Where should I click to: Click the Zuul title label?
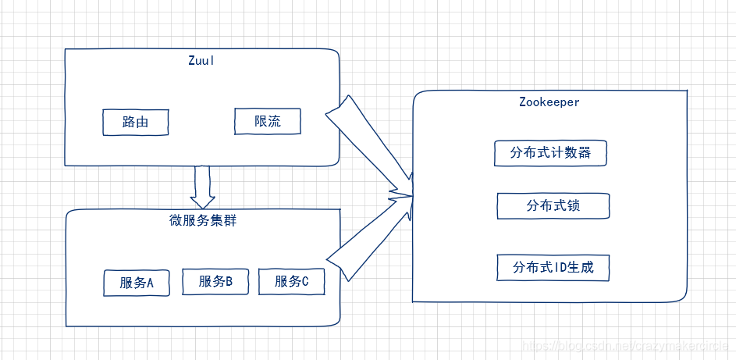(x=201, y=62)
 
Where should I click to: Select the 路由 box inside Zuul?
(x=136, y=123)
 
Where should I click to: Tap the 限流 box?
(x=267, y=121)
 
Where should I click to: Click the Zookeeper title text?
(x=549, y=102)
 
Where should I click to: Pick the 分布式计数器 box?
(x=550, y=153)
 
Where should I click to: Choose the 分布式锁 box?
(x=553, y=206)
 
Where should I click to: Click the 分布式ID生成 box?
(x=553, y=268)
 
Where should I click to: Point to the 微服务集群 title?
(x=203, y=221)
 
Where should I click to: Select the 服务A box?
(x=137, y=283)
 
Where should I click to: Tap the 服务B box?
(x=215, y=282)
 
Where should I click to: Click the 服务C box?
(x=292, y=282)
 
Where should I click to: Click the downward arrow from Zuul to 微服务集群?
(x=203, y=186)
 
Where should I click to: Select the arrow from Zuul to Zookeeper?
(x=367, y=144)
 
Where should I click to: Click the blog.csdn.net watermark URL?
(x=624, y=346)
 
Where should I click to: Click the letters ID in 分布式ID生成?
(x=560, y=268)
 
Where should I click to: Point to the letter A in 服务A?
(x=149, y=283)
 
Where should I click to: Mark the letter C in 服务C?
(x=304, y=282)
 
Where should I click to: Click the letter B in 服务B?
(x=229, y=282)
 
